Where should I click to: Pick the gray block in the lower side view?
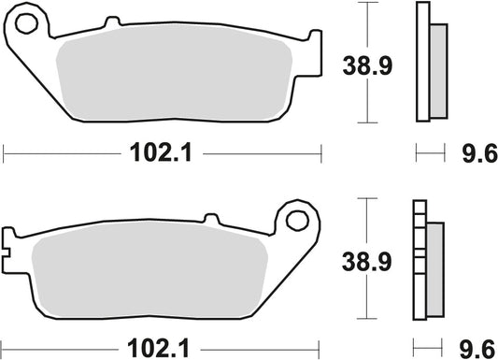(436, 265)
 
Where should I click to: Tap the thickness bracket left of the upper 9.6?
(428, 153)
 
